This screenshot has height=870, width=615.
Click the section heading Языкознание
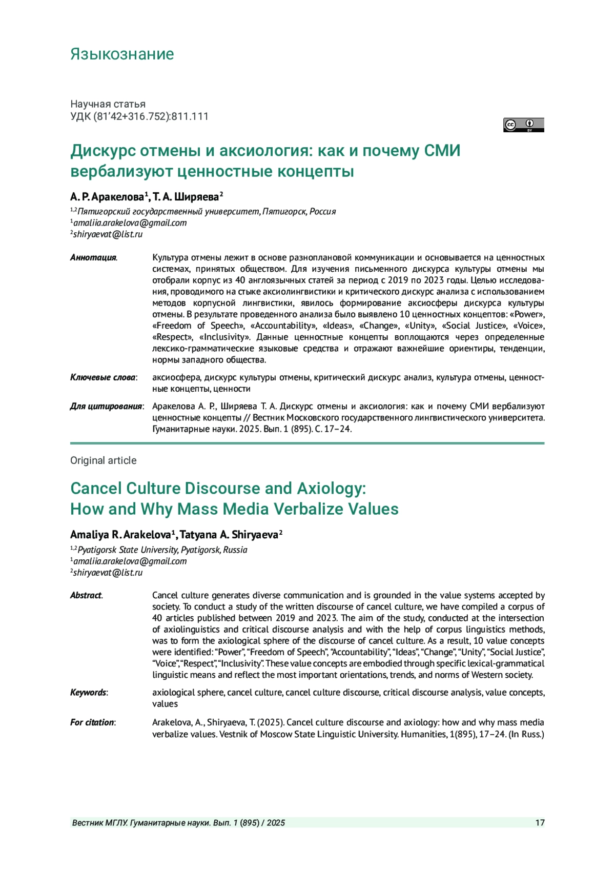coord(122,54)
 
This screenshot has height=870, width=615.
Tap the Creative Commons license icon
coord(523,125)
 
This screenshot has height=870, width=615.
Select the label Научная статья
coord(108,104)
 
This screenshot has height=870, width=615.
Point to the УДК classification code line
coord(139,116)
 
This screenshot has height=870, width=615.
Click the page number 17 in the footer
coord(540,823)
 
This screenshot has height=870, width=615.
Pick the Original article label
coord(104,460)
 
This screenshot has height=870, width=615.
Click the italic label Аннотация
coord(93,257)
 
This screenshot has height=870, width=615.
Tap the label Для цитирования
coord(107,406)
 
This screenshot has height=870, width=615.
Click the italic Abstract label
coord(86,595)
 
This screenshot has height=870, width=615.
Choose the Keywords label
coord(89,692)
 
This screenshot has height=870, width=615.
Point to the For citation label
coord(93,722)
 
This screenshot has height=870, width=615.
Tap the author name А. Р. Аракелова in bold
coord(107,197)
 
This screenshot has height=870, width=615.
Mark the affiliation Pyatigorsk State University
coord(128,550)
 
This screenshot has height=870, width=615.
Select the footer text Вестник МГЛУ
coord(99,823)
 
